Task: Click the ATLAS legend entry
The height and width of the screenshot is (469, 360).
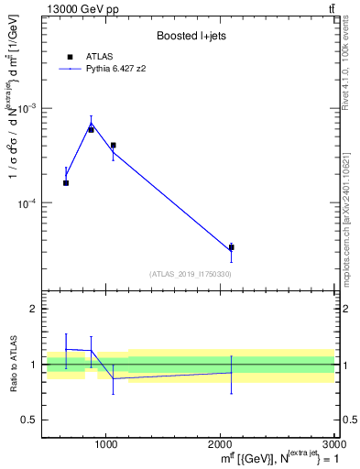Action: (96, 57)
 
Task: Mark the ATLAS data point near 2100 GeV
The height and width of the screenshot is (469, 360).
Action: (231, 247)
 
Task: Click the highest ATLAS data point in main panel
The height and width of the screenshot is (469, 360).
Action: (91, 130)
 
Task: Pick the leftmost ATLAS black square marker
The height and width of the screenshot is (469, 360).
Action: (66, 183)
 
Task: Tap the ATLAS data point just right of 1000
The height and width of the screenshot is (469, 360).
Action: (113, 145)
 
